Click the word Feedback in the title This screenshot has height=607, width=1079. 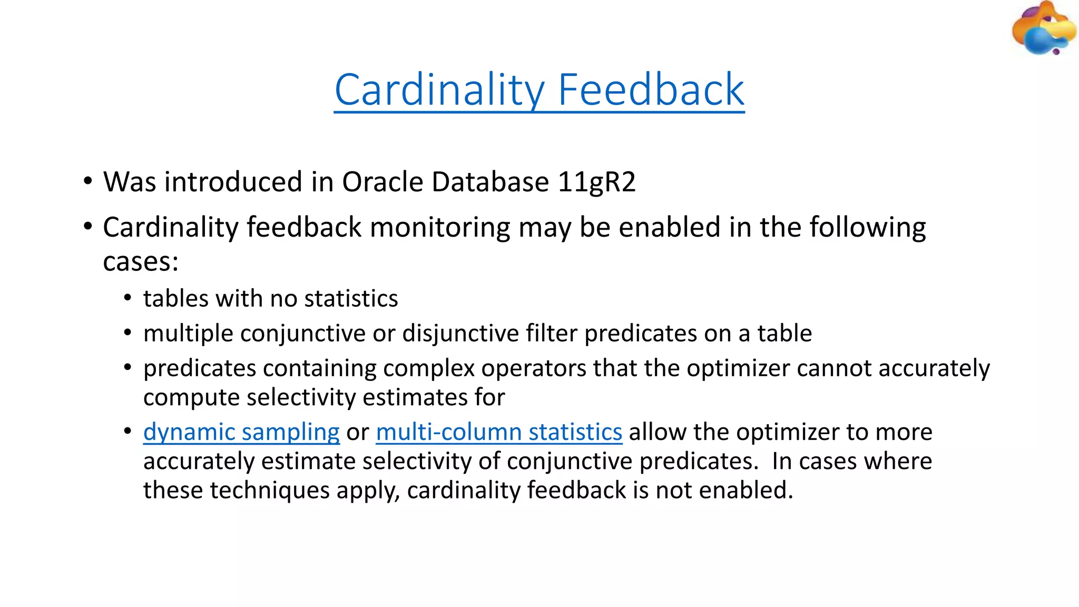[651, 90]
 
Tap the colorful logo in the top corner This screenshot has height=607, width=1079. [1043, 28]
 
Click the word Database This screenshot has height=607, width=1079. [490, 182]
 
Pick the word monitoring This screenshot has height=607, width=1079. [440, 228]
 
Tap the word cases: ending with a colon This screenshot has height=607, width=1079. [141, 262]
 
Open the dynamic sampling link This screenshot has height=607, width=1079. [241, 432]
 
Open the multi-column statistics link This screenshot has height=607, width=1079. [499, 432]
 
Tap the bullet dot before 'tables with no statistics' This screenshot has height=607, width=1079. [127, 298]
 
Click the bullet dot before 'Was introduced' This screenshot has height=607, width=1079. [88, 182]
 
